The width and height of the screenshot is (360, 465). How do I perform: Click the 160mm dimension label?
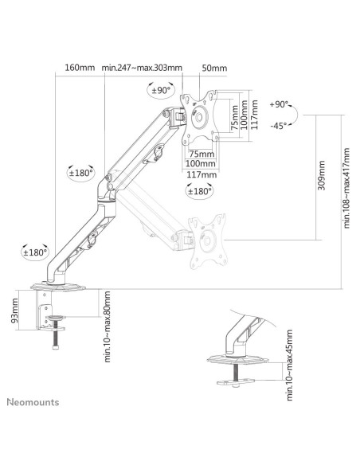pyautogui.click(x=80, y=68)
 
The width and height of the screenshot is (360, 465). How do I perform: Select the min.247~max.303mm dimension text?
pyautogui.click(x=142, y=68)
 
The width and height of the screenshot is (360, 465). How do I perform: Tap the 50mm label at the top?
pyautogui.click(x=214, y=68)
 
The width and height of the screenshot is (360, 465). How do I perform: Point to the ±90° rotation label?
pyautogui.click(x=162, y=90)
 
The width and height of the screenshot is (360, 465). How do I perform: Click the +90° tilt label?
pyautogui.click(x=279, y=104)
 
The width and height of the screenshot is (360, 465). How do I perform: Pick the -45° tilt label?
pyautogui.click(x=279, y=126)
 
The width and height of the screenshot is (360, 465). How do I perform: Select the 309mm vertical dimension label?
pyautogui.click(x=322, y=175)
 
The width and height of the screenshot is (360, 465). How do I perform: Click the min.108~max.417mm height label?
pyautogui.click(x=346, y=188)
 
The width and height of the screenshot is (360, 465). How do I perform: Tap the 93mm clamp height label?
pyautogui.click(x=14, y=311)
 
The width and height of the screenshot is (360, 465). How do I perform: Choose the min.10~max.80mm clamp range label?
pyautogui.click(x=108, y=326)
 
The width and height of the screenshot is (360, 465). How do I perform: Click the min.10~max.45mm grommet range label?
pyautogui.click(x=289, y=365)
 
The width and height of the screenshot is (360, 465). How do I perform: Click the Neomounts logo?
pyautogui.click(x=33, y=402)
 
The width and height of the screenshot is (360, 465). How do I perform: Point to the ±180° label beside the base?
pyautogui.click(x=36, y=252)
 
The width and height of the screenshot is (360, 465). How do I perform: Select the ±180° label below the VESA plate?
pyautogui.click(x=199, y=191)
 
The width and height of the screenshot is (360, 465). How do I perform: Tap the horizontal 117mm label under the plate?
pyautogui.click(x=202, y=174)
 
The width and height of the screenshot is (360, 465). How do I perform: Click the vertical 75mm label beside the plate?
pyautogui.click(x=234, y=118)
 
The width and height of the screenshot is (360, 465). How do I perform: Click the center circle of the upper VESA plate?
pyautogui.click(x=198, y=117)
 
